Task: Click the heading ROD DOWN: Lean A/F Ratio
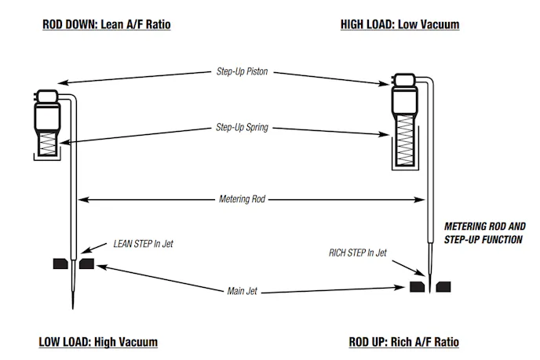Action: coord(106,24)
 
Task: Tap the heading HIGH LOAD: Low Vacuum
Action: coord(400,24)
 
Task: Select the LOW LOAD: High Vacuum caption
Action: coord(98,342)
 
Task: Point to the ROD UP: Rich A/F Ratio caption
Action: coord(403,342)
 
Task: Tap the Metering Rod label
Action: coord(243,199)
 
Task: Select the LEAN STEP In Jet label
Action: coord(144,244)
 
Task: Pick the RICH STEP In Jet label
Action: coord(358,253)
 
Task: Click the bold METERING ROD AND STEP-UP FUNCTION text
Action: coord(483,232)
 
